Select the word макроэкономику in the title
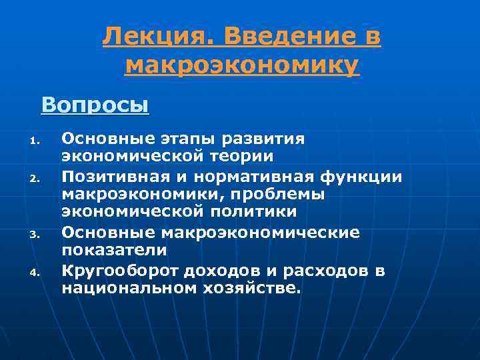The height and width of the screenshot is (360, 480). click(242, 65)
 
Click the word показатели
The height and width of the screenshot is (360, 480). click(114, 250)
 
